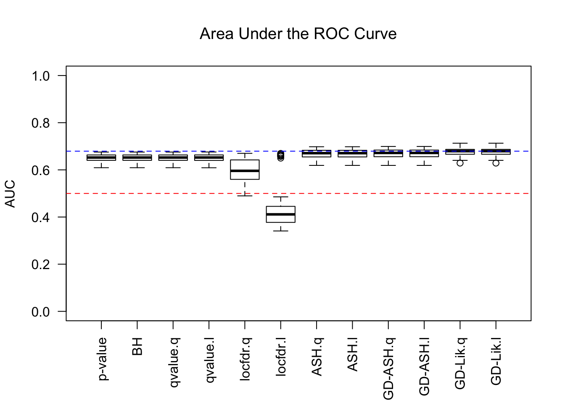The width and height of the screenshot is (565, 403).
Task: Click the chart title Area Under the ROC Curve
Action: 298,34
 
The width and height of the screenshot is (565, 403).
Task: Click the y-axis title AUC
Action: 10,194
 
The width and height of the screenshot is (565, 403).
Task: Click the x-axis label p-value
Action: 102,359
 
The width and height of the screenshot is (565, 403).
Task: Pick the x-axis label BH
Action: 137,346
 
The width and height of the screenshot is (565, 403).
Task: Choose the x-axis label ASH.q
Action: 317,356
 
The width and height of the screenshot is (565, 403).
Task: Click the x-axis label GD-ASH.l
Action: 424,366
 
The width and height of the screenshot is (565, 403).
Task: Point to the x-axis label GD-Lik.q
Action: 460,363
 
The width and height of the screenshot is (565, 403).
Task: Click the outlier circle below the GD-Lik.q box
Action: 460,163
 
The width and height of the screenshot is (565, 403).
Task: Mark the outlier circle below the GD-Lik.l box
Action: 496,163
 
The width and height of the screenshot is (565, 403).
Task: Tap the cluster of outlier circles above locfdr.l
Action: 280,156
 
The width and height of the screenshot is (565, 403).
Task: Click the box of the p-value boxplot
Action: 101,157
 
